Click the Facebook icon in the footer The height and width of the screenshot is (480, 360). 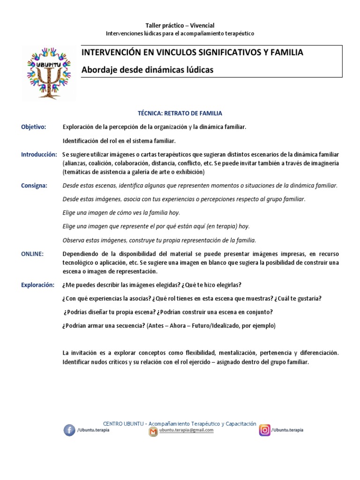coord(69,430)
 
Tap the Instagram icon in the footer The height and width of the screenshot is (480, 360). coord(265,430)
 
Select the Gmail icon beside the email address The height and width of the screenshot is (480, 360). coord(153,432)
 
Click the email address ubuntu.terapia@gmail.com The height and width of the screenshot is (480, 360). coord(186,430)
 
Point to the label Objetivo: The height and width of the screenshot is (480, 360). coord(34,127)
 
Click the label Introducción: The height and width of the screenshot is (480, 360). coord(39,154)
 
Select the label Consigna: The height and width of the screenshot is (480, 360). coord(34,186)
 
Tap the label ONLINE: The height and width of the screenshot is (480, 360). coord(32,254)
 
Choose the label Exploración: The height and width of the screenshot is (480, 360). coord(38,285)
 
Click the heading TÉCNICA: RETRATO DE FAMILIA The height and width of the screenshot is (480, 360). coord(180,113)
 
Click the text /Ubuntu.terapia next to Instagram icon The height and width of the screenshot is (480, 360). coord(287,430)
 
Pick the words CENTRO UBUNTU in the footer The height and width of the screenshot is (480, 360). coord(122,423)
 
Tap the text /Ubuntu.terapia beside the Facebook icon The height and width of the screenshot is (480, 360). coord(93,430)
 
